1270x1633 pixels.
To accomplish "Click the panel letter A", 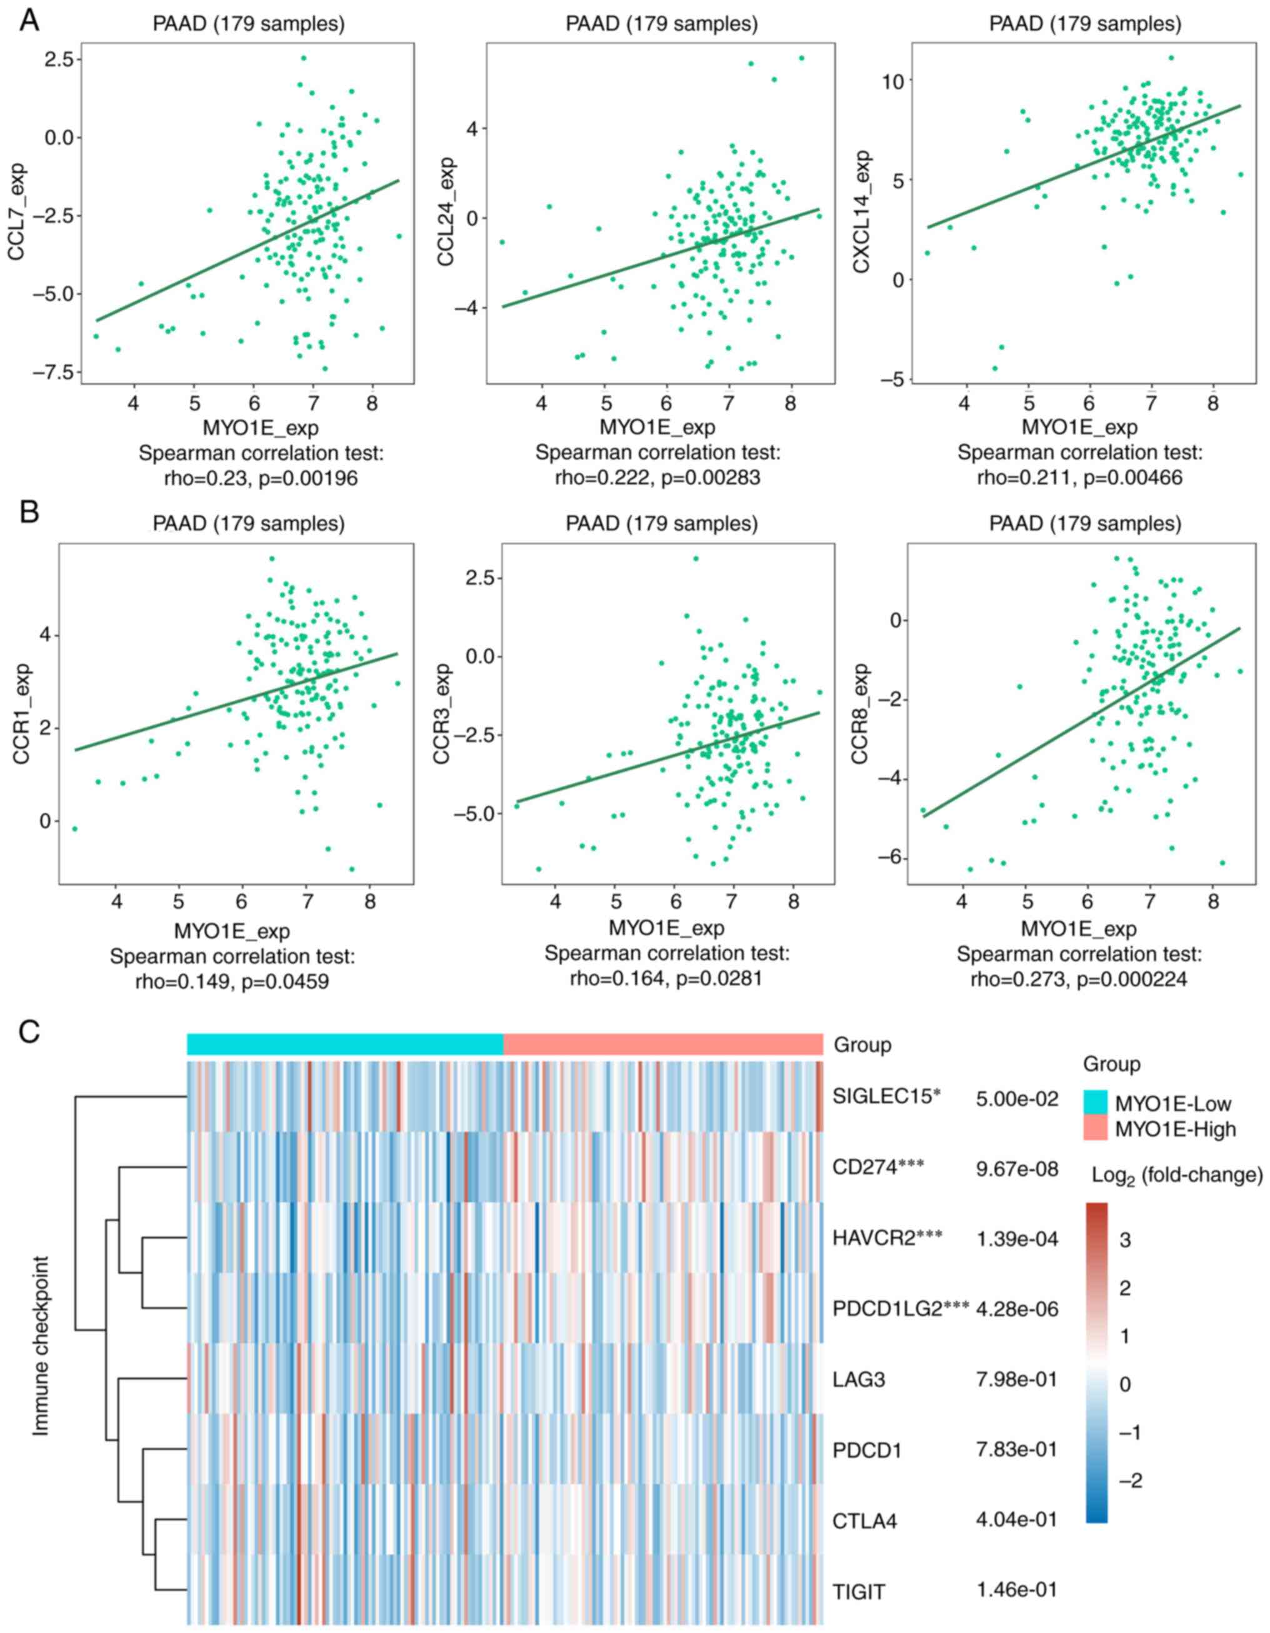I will coord(29,20).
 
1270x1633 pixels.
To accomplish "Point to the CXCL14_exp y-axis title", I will coord(862,211).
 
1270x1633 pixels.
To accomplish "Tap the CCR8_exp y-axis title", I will coord(862,715).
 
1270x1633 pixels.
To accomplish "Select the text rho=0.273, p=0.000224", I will coord(1079,979).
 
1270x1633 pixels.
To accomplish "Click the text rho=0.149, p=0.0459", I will coord(232,981).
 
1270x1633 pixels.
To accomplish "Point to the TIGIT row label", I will coord(859,1592).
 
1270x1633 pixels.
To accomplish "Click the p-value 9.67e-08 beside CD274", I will coord(1017,1168).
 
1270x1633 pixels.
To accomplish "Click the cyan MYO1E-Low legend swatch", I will coord(1095,1102).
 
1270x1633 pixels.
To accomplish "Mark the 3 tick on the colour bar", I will coord(1125,1240).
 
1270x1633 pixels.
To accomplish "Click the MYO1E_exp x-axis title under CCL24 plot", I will coord(657,428).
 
